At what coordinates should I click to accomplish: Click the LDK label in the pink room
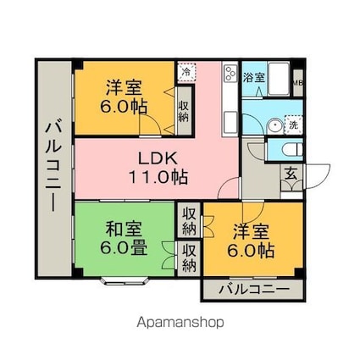[157, 159]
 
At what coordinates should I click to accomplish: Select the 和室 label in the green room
[124, 229]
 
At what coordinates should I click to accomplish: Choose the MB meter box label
[297, 83]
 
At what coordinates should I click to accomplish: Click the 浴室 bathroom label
[253, 78]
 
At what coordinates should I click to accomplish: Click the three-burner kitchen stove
[230, 74]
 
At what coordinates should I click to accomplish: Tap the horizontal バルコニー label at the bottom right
[252, 290]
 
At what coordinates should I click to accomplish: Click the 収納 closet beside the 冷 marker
[184, 106]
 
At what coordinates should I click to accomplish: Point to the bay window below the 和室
[125, 279]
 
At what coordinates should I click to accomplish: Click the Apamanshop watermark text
[180, 322]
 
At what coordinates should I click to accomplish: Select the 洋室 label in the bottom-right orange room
[251, 229]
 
